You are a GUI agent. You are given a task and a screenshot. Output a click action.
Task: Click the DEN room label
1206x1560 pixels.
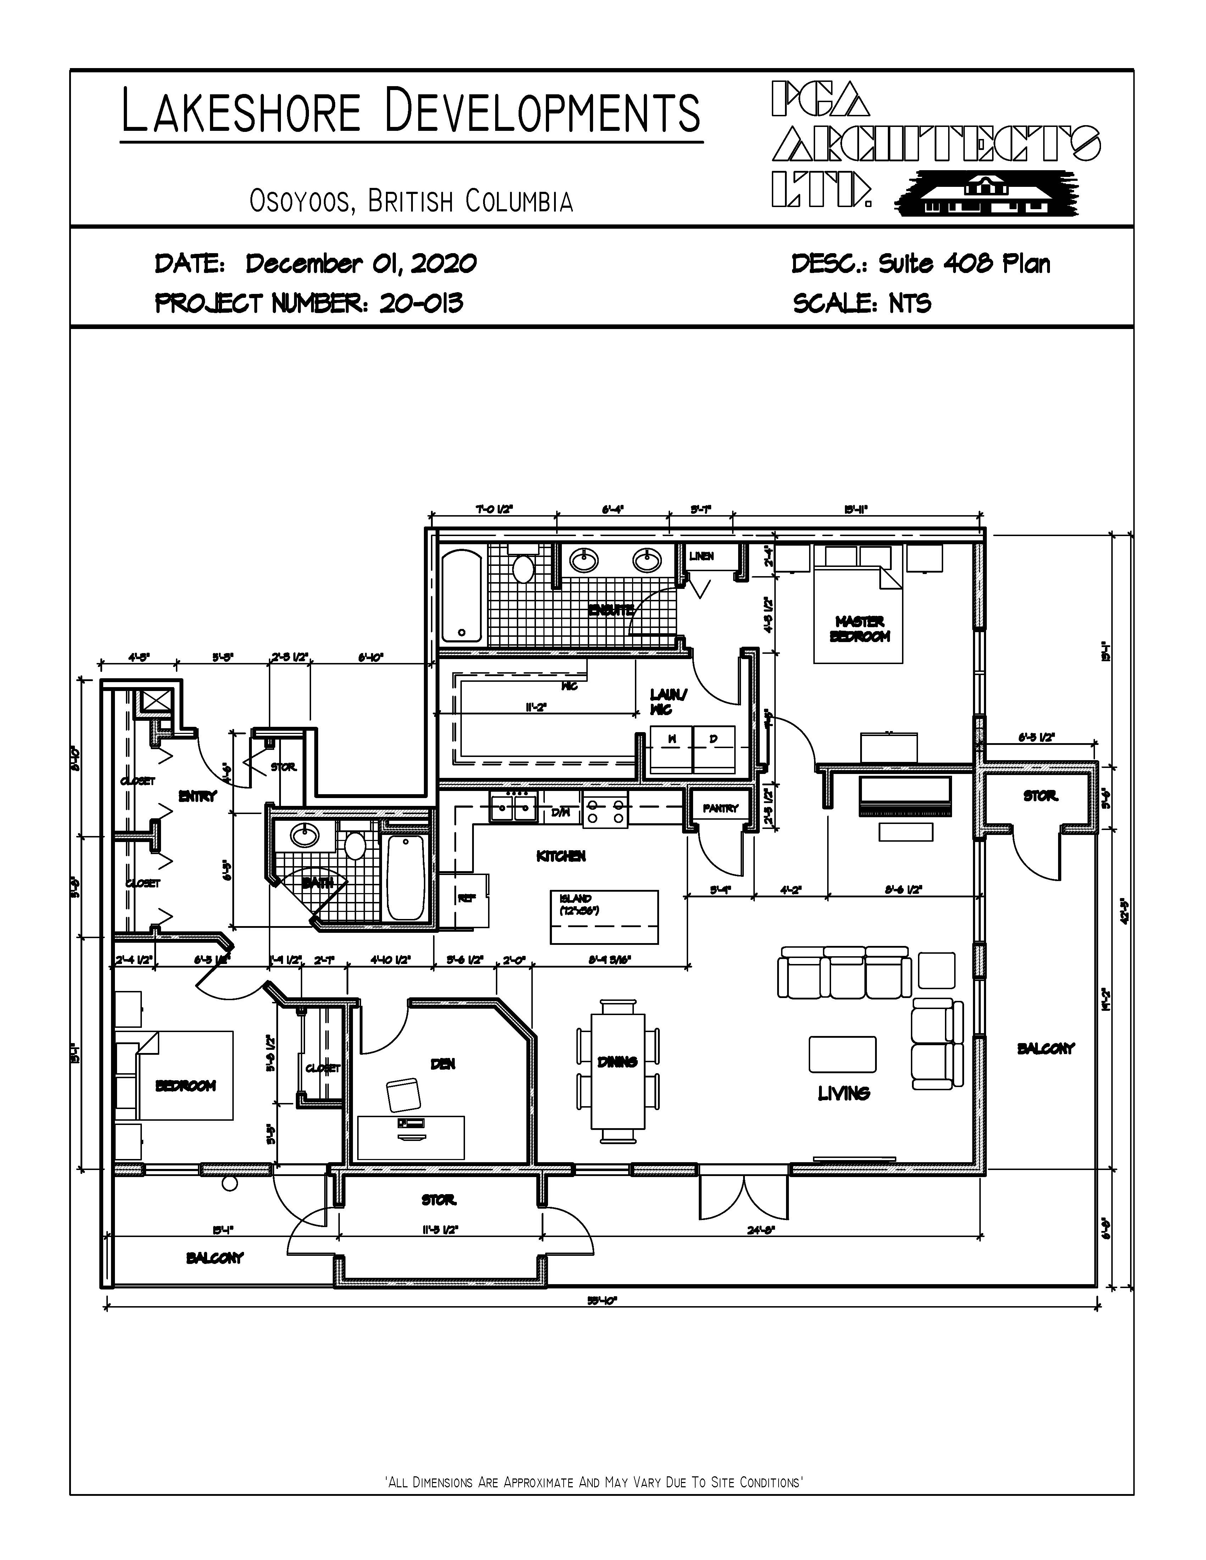pos(442,1064)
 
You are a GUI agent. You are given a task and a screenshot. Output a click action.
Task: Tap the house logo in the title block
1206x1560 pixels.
pos(986,193)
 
